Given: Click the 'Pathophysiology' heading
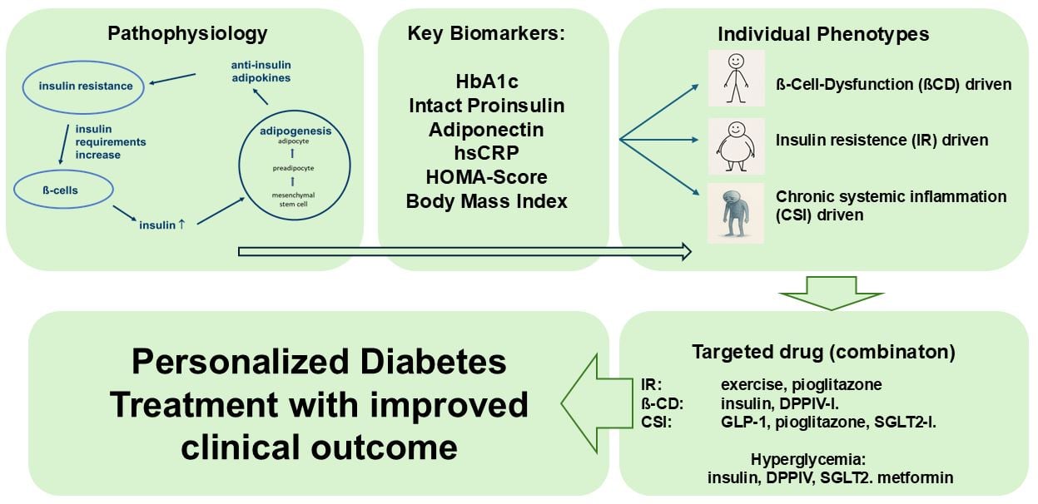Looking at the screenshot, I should (x=188, y=34).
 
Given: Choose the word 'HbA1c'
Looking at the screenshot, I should (x=486, y=82).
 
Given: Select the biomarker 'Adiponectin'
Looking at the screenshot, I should (x=486, y=130).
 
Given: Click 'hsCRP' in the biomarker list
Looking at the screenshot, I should (x=486, y=153).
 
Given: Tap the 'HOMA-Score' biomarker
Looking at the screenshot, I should (x=486, y=177).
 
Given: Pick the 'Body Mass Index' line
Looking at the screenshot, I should (x=486, y=201).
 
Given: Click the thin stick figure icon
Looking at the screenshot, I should (x=735, y=78).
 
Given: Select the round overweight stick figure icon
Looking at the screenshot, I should (x=735, y=146).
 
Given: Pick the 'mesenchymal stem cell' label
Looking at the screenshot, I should (x=290, y=200).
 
